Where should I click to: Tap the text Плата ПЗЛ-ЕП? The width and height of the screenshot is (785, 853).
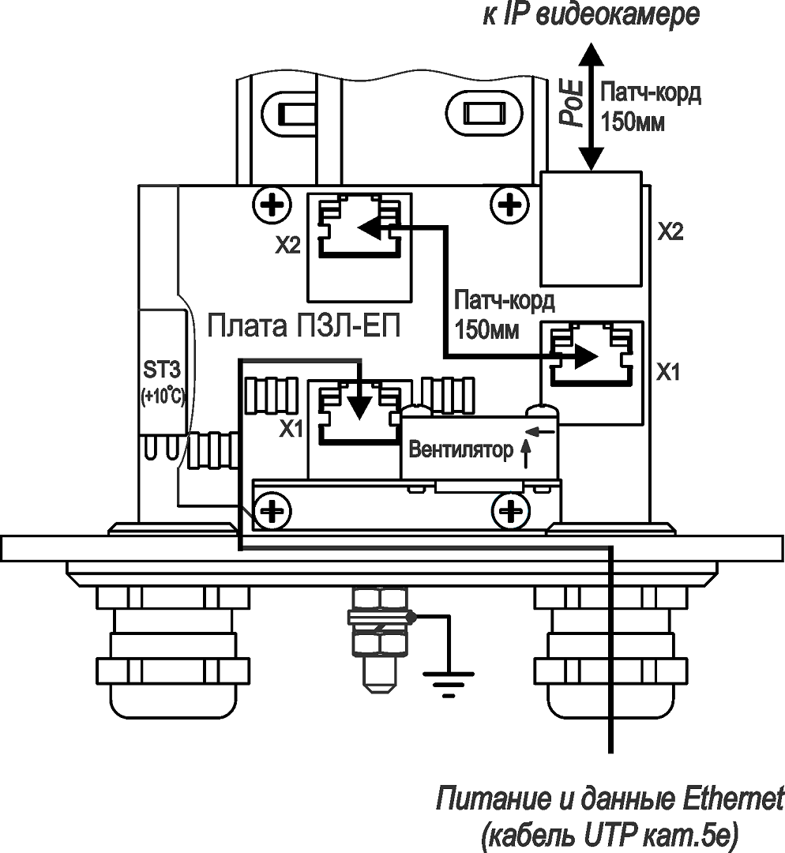pos(303,325)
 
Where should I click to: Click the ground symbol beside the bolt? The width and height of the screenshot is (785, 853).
pos(449,681)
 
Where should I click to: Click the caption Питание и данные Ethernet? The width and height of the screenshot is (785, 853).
pos(610,799)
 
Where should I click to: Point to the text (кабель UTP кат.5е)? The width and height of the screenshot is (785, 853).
pos(610,834)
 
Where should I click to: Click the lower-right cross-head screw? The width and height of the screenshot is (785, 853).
pos(511,513)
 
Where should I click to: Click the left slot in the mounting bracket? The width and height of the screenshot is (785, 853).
pos(291,115)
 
